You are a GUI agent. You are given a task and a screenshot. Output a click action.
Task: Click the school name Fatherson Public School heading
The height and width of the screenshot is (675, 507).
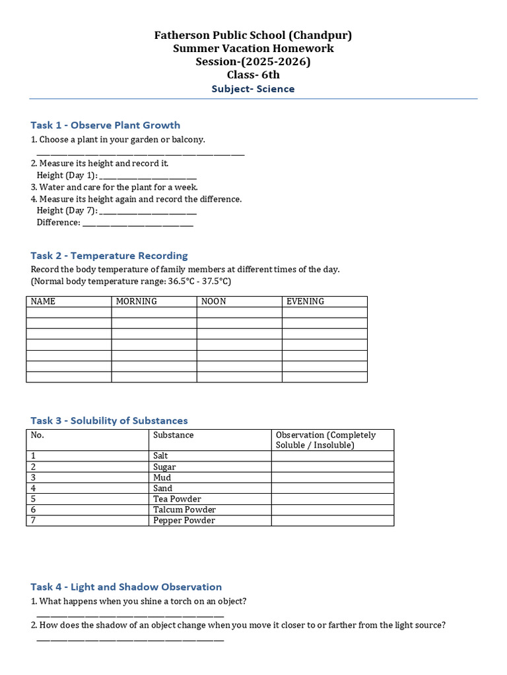click(253, 36)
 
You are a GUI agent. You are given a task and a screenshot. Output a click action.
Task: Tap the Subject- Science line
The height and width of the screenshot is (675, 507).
click(253, 89)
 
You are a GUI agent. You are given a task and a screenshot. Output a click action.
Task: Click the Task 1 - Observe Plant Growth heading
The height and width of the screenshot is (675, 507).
click(105, 125)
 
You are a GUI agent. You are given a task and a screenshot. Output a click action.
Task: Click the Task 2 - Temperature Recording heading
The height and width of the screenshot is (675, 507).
click(109, 256)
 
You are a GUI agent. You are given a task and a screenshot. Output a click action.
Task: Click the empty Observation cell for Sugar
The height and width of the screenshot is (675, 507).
click(332, 467)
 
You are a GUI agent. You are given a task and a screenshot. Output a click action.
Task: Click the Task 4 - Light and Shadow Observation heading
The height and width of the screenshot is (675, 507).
click(126, 587)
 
